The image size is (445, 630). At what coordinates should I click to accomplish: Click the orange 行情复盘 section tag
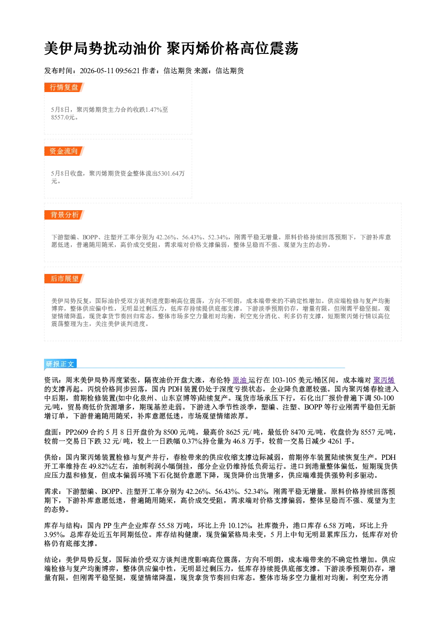[64, 87]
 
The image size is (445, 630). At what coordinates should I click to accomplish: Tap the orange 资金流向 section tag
[64, 151]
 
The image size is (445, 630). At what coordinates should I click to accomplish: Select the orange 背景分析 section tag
[64, 215]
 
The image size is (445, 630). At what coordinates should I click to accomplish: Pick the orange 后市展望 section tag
[64, 279]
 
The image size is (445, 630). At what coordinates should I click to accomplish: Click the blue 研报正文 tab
[60, 364]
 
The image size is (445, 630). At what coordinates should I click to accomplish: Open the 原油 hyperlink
[240, 380]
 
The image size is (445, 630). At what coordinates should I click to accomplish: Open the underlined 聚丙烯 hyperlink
[384, 380]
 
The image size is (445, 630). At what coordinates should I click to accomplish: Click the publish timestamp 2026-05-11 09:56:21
[110, 71]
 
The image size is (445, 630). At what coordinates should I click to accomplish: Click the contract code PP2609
[77, 432]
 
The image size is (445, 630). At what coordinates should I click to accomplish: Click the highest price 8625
[233, 432]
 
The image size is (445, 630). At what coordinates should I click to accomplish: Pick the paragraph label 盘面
[51, 432]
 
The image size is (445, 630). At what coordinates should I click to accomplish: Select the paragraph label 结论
[51, 560]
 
